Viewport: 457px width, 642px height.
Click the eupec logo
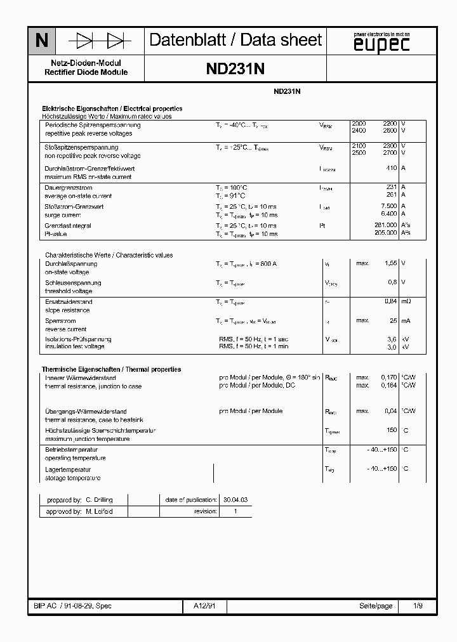click(x=381, y=43)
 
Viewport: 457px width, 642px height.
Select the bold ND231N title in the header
click(x=235, y=69)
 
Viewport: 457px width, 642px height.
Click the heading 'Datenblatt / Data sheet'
click(x=235, y=41)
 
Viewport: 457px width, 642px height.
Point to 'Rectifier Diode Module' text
click(x=86, y=72)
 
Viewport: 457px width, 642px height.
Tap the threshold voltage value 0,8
click(x=392, y=282)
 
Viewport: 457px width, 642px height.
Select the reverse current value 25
click(x=393, y=321)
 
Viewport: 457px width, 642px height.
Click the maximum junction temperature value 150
click(x=392, y=430)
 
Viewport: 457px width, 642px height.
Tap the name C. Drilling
click(x=99, y=500)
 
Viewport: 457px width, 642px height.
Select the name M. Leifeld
click(x=99, y=511)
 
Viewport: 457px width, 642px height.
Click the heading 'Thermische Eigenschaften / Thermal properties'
click(x=111, y=369)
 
